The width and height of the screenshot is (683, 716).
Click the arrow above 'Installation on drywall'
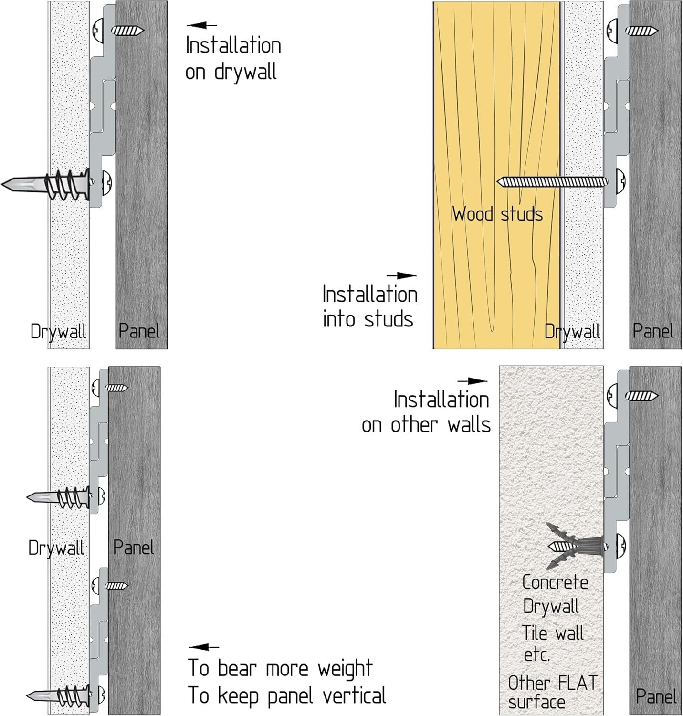click(201, 25)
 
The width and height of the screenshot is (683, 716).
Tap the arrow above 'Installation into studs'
click(401, 275)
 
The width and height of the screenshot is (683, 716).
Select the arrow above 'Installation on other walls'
click(472, 381)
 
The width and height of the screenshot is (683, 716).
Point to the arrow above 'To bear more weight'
click(204, 647)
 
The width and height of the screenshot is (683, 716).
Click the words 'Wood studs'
click(497, 214)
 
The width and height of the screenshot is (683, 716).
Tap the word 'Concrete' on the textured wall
click(555, 582)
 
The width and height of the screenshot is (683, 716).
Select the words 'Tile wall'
click(552, 633)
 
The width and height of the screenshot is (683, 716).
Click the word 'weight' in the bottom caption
click(345, 669)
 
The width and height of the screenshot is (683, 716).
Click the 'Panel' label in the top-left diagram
click(138, 331)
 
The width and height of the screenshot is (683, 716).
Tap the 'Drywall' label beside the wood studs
click(572, 331)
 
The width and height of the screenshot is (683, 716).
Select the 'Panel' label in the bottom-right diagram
click(656, 696)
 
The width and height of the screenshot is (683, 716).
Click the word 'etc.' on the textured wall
click(537, 654)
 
